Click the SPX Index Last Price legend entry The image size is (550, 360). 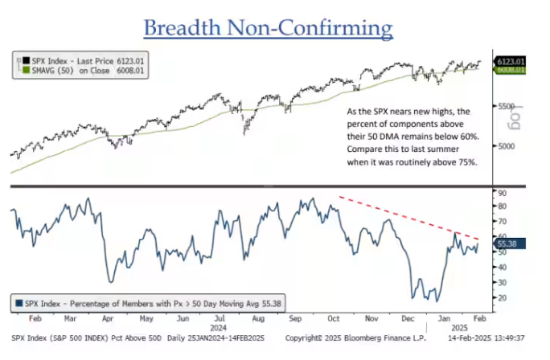click(x=78, y=59)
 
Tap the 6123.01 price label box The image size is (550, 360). click(x=510, y=61)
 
